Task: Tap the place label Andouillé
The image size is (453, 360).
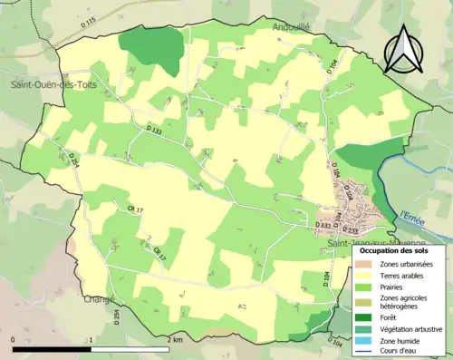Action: click(292, 28)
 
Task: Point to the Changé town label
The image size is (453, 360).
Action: click(97, 299)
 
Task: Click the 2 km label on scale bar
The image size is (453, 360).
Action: click(175, 339)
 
